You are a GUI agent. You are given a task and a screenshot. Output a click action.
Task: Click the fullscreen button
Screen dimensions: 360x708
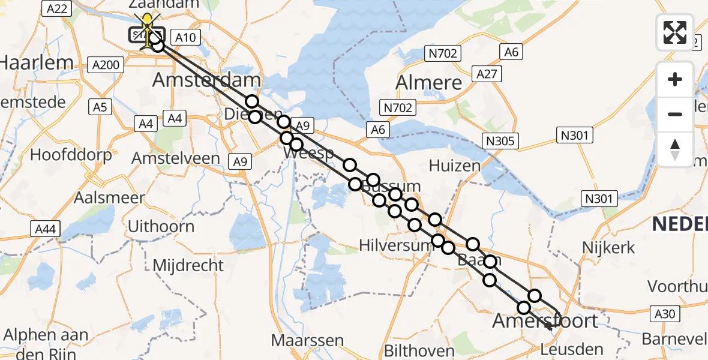(675, 32)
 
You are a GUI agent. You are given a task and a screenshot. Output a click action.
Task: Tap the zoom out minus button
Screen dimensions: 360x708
(675, 114)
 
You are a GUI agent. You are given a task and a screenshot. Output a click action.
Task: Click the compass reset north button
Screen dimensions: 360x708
(675, 149)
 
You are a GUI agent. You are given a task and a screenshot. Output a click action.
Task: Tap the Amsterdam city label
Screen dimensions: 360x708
(206, 80)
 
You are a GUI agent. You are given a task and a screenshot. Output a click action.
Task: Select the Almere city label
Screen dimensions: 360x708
(429, 82)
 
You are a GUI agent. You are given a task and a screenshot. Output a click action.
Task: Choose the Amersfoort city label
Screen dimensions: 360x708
(545, 320)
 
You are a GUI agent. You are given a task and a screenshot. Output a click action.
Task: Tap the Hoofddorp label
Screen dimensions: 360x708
(71, 155)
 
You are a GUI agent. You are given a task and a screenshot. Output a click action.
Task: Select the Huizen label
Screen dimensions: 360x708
(454, 165)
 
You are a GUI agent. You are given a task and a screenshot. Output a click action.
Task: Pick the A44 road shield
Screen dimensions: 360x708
(45, 228)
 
